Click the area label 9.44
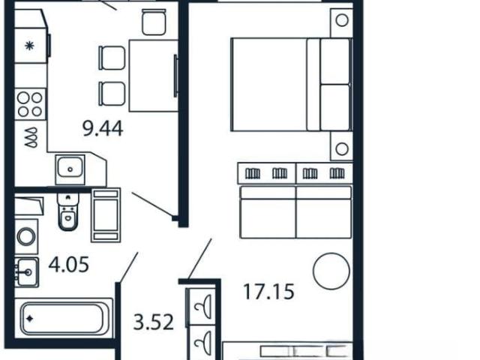click(x=103, y=128)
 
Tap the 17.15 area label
click(x=268, y=292)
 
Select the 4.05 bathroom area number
click(x=68, y=265)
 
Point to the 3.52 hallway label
click(x=153, y=322)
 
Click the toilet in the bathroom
click(x=68, y=211)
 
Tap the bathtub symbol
click(x=63, y=318)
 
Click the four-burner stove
click(x=30, y=104)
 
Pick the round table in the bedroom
click(x=331, y=271)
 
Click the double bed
click(x=292, y=85)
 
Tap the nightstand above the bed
click(x=342, y=22)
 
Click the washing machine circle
click(x=26, y=236)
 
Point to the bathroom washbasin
click(x=27, y=271)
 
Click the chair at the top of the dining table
click(x=154, y=22)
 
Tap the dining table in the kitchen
click(x=154, y=76)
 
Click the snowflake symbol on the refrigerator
click(x=29, y=46)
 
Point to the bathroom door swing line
click(x=128, y=267)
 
